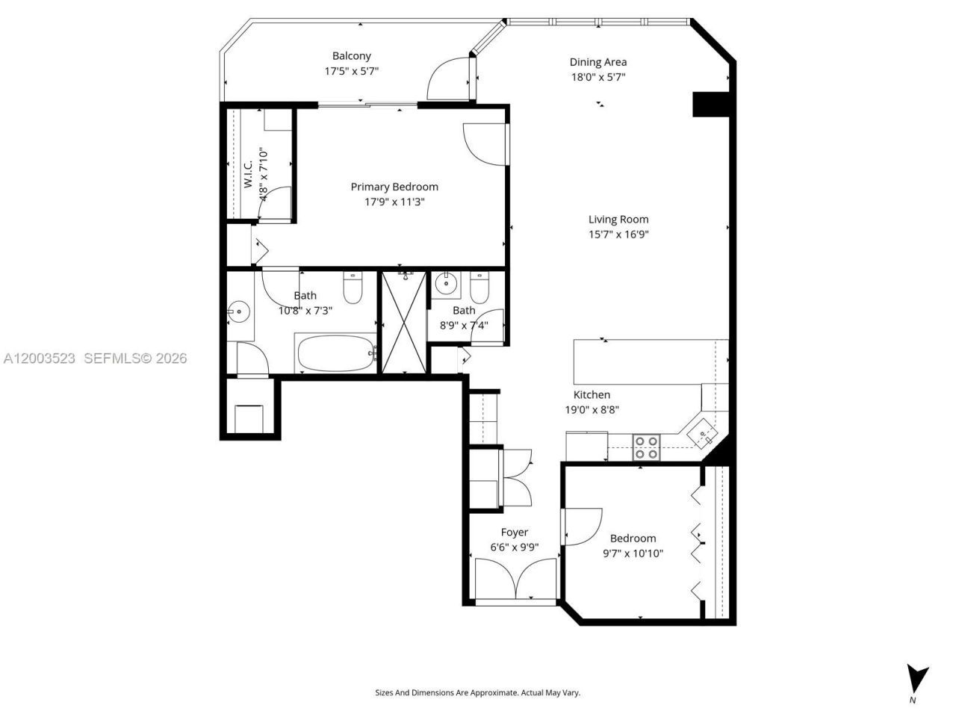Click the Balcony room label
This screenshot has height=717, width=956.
click(x=351, y=56)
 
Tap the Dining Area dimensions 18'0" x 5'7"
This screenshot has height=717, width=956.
click(x=597, y=77)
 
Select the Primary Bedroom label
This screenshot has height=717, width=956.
click(x=394, y=187)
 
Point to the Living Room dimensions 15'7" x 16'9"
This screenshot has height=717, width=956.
click(x=618, y=235)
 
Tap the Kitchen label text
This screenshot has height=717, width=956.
click(x=592, y=395)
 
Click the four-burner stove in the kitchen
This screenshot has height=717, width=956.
click(x=646, y=447)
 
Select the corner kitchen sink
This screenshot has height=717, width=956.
click(x=703, y=432)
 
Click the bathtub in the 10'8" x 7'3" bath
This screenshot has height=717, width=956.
click(x=335, y=353)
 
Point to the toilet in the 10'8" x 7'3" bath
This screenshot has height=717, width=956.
click(x=353, y=287)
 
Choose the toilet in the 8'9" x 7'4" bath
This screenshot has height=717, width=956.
click(x=479, y=285)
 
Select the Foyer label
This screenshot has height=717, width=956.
click(x=514, y=533)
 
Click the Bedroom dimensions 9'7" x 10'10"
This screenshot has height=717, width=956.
click(x=633, y=553)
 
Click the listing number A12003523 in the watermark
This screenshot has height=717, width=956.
click(x=39, y=358)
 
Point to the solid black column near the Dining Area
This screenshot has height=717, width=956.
click(x=710, y=104)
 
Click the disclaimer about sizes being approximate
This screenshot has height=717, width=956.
click(x=477, y=692)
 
